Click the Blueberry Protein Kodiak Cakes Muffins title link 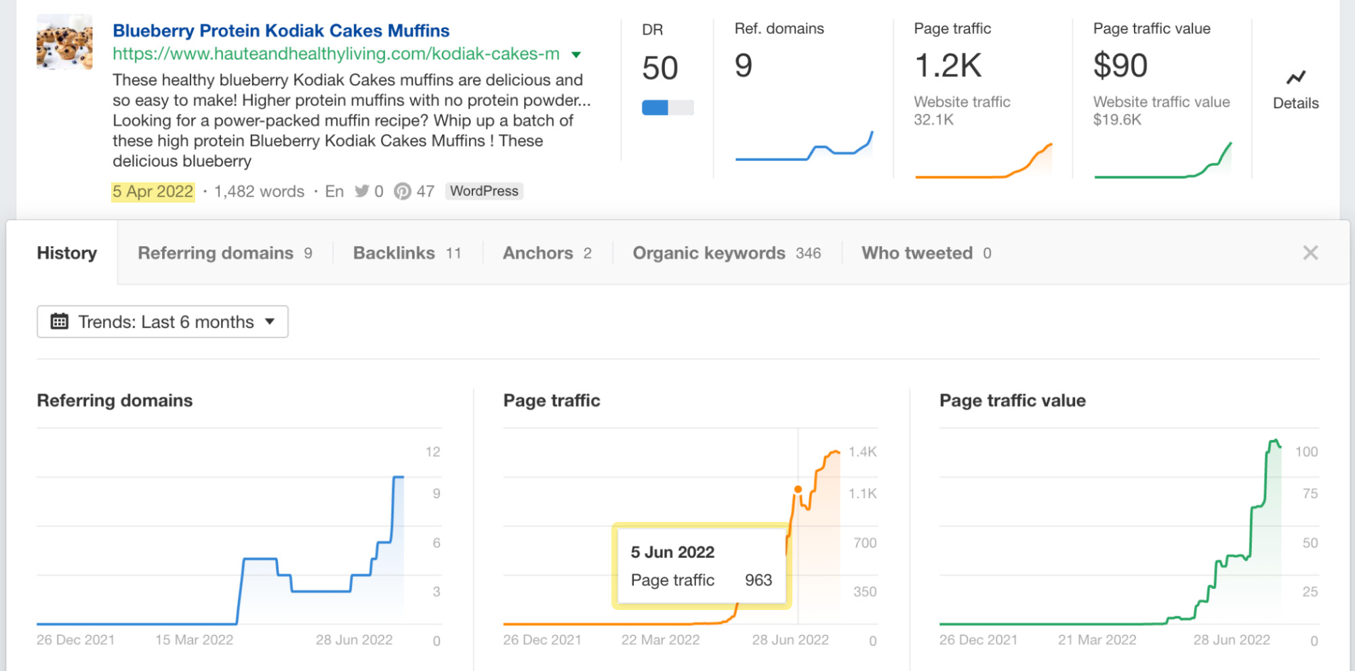click(x=281, y=31)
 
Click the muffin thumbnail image click(x=64, y=43)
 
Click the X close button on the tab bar click(x=1310, y=253)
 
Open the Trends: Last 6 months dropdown click(x=163, y=322)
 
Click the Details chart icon click(x=1295, y=78)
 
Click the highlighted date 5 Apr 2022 click(x=153, y=192)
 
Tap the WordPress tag click(x=484, y=192)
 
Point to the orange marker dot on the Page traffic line click(x=798, y=489)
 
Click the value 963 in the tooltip click(x=758, y=580)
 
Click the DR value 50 click(x=660, y=68)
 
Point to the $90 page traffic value click(x=1120, y=66)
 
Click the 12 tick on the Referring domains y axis click(x=432, y=452)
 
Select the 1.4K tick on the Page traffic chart click(x=862, y=452)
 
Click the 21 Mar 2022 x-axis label click(x=1097, y=640)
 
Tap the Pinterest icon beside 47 click(x=403, y=192)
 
